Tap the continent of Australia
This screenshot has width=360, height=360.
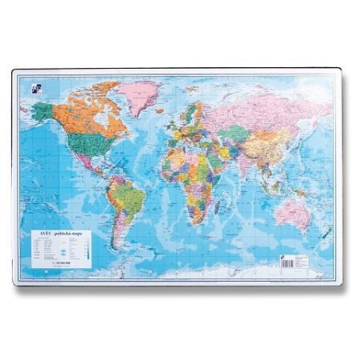tap(293, 210)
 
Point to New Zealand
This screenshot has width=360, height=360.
tap(325, 233)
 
